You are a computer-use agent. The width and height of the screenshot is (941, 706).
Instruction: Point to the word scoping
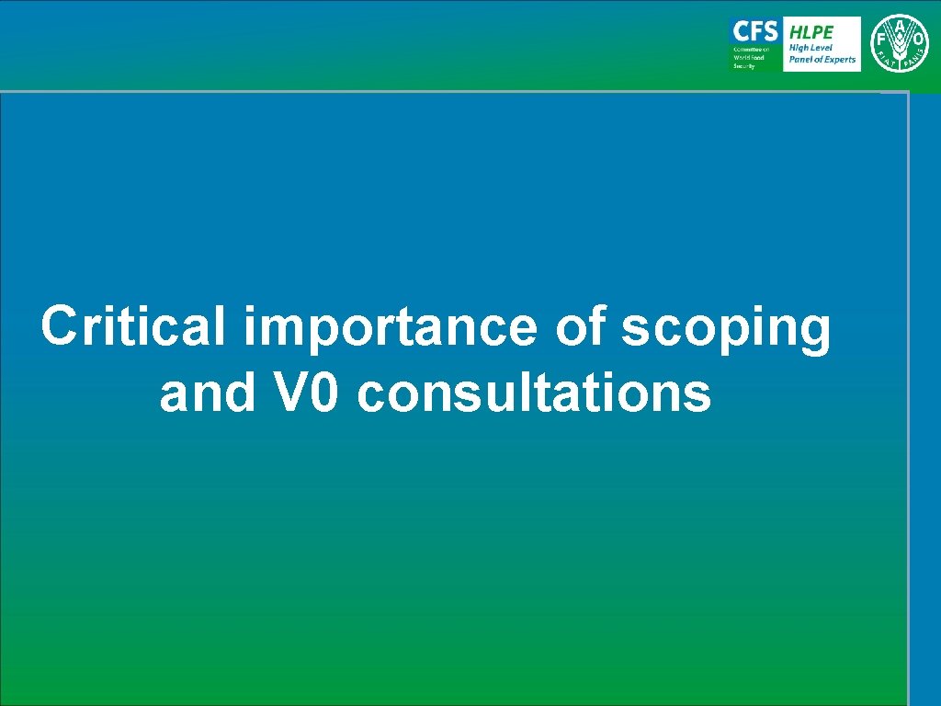tap(726, 329)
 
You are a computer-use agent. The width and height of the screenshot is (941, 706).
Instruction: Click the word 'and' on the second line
tap(204, 393)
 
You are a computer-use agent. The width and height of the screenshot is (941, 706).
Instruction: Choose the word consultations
tap(534, 393)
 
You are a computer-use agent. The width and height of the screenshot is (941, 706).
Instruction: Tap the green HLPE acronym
tap(811, 31)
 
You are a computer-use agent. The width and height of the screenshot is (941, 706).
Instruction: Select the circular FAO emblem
tap(899, 43)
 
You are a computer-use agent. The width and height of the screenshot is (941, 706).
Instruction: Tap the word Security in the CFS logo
tap(743, 66)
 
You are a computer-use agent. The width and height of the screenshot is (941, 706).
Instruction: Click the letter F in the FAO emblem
tap(879, 40)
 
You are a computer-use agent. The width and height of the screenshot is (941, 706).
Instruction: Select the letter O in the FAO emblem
tap(918, 40)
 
